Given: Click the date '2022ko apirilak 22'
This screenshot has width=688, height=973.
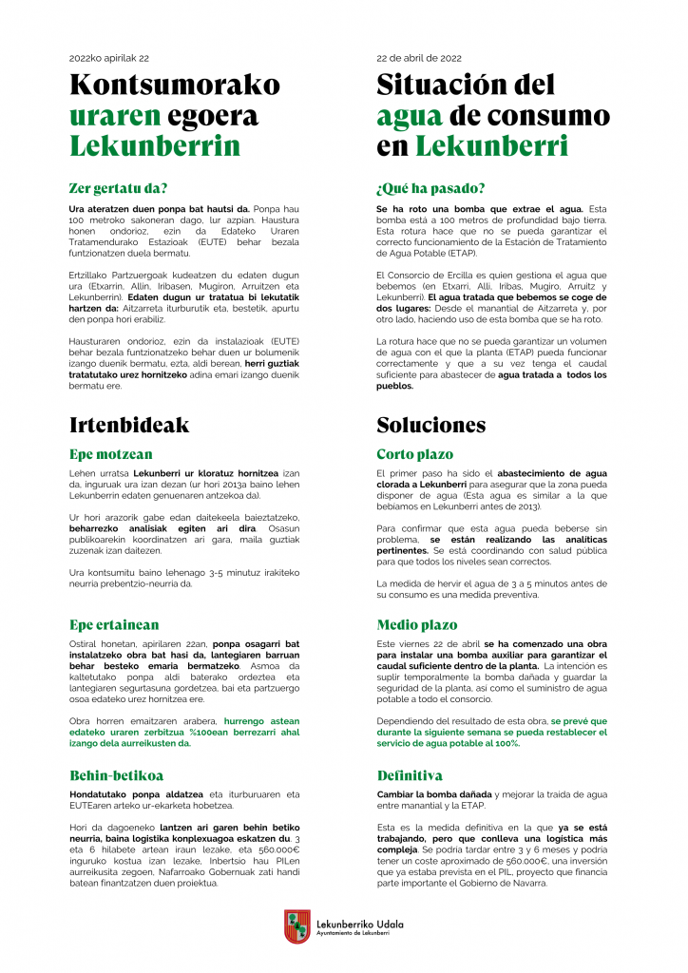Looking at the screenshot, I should pyautogui.click(x=109, y=58).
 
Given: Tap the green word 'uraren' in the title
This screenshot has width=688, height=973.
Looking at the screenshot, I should pyautogui.click(x=109, y=116).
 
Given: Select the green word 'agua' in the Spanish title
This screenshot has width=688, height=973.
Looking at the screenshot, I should pyautogui.click(x=410, y=116).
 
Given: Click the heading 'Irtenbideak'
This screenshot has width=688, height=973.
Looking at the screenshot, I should pyautogui.click(x=129, y=425).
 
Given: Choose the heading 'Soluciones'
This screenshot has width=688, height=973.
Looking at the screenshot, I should pyautogui.click(x=431, y=425).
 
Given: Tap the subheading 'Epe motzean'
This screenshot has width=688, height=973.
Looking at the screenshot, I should pyautogui.click(x=111, y=454).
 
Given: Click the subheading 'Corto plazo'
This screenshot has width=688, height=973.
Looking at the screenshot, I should pyautogui.click(x=415, y=454).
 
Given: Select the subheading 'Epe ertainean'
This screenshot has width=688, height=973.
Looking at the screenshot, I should pyautogui.click(x=114, y=624).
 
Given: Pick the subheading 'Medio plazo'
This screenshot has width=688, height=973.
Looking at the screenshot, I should pyautogui.click(x=416, y=624).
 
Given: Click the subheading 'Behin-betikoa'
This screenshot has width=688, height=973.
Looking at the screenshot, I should pyautogui.click(x=117, y=775).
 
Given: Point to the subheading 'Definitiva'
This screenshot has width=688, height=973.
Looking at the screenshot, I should pyautogui.click(x=410, y=775).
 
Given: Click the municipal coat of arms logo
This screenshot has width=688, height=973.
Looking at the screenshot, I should pyautogui.click(x=297, y=926).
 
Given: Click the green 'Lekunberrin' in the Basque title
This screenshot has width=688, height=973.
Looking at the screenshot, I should pyautogui.click(x=155, y=146).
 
